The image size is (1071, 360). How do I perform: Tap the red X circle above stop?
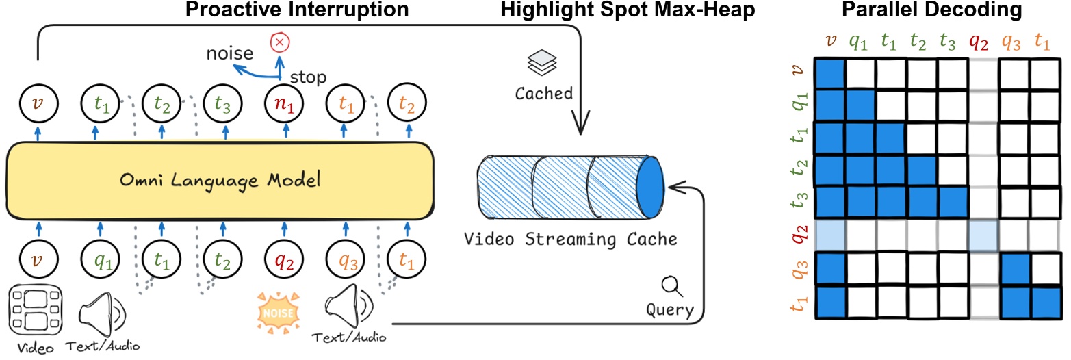(x=279, y=43)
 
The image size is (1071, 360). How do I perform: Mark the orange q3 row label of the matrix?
(x=795, y=268)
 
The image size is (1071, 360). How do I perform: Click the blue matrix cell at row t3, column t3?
(x=952, y=201)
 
